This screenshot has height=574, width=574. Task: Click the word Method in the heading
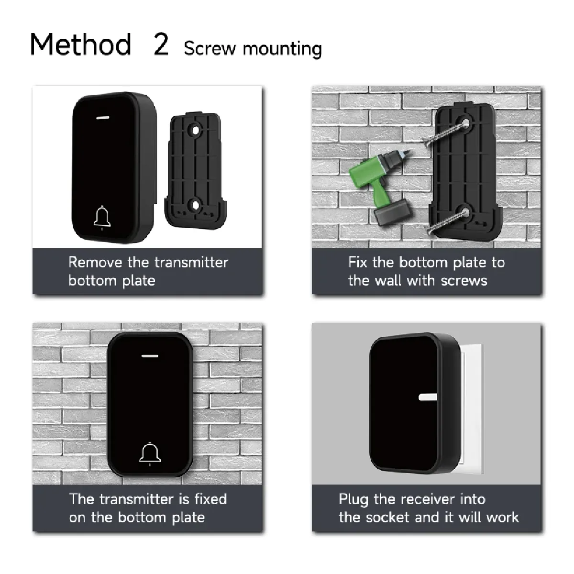[81, 44]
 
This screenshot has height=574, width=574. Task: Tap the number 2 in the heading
[161, 44]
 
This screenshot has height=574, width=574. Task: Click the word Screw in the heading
[210, 48]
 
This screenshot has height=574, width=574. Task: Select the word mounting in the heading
[282, 49]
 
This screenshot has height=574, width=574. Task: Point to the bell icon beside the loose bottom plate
[102, 218]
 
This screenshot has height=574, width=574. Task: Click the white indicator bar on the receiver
[428, 397]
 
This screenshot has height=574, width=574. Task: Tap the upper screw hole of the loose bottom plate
[195, 131]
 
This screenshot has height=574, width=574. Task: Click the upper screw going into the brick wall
[445, 132]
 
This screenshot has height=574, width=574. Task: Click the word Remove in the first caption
[95, 263]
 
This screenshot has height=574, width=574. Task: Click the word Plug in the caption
[353, 499]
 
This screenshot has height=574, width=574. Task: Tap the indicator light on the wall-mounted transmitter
[150, 356]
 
